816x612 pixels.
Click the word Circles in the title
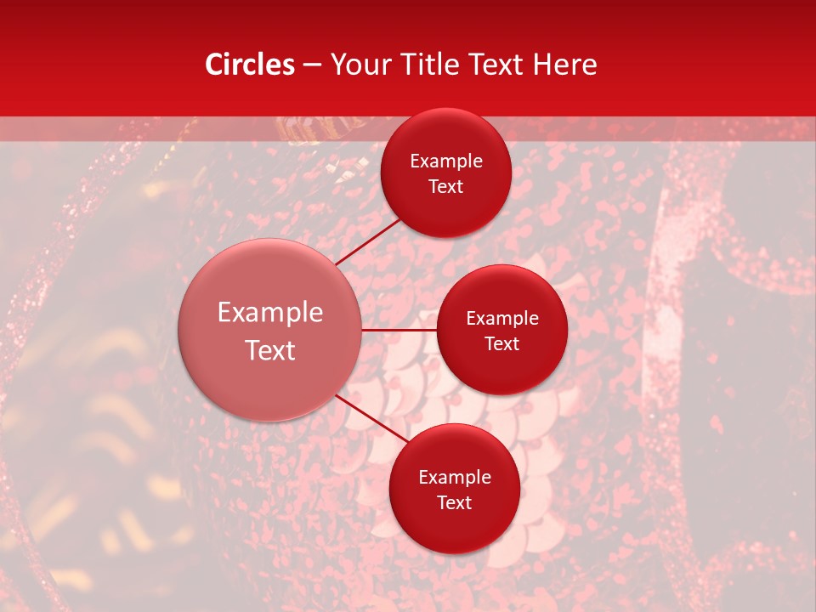[249, 65]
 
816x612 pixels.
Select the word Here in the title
[564, 65]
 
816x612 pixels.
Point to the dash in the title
[312, 65]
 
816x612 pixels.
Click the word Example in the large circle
[270, 313]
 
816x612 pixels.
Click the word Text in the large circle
[270, 350]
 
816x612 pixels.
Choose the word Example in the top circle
[446, 161]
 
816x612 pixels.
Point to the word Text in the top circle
[446, 186]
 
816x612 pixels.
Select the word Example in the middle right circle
[502, 319]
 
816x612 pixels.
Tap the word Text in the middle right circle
[502, 343]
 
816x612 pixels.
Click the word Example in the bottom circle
[455, 478]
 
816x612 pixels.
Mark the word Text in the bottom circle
[455, 502]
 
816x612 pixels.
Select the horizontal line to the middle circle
[399, 330]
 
